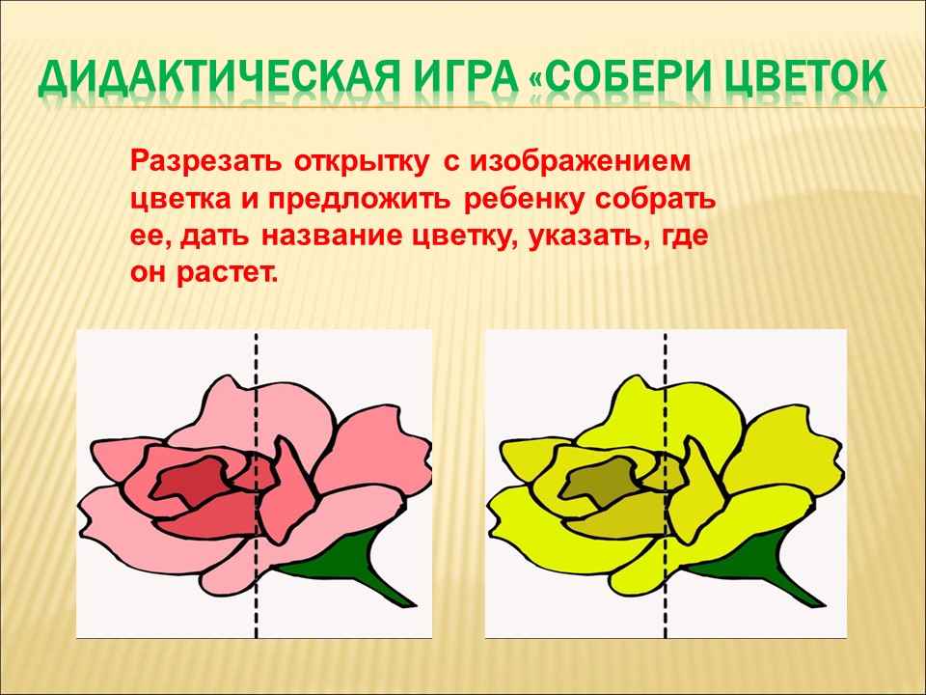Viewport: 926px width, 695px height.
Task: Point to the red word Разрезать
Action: click(205, 162)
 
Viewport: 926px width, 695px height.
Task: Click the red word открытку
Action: click(362, 162)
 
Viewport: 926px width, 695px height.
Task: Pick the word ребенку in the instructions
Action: click(525, 200)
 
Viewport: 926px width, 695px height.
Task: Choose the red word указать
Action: click(583, 237)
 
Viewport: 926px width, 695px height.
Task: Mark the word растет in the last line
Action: click(226, 274)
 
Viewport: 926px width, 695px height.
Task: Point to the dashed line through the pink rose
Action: click(257, 485)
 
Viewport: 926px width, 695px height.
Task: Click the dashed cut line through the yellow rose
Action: click(666, 485)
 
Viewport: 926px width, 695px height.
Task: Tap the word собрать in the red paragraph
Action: click(656, 200)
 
